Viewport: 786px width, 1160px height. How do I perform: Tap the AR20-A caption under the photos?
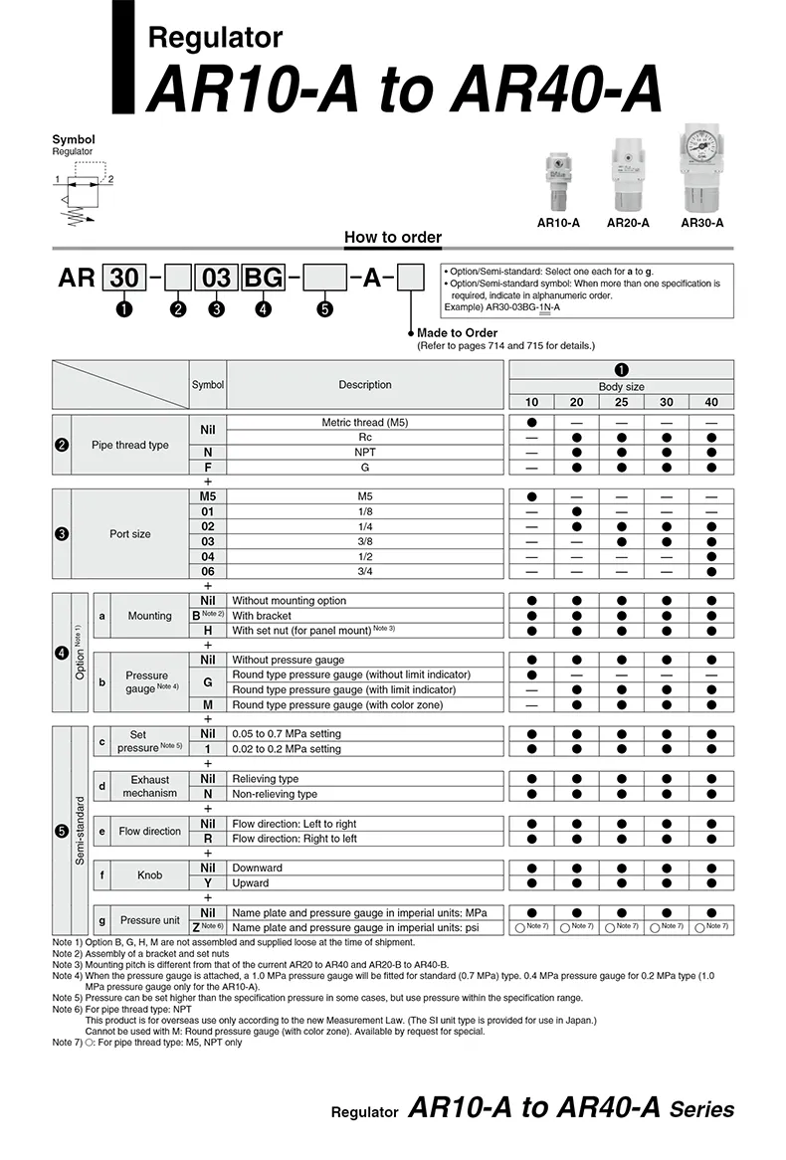point(628,223)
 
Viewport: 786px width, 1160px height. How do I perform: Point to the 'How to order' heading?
point(392,237)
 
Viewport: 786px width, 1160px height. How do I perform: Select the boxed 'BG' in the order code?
point(264,278)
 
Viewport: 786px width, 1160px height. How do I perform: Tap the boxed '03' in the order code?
point(216,278)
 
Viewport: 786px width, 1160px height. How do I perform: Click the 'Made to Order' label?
point(457,332)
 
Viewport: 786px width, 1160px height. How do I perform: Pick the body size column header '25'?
point(621,402)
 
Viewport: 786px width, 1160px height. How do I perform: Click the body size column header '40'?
point(710,402)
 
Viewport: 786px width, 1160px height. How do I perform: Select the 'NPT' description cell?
point(365,452)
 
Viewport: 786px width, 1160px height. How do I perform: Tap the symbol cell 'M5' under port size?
point(208,495)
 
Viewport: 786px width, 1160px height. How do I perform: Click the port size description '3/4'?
point(365,571)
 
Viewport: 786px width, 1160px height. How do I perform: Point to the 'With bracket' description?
point(262,616)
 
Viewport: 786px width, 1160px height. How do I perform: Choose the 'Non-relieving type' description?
point(276,794)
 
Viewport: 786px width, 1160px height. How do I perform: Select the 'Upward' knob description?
point(251,882)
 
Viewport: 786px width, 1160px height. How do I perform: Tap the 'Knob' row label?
point(149,875)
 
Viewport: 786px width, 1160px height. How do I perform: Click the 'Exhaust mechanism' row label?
point(149,786)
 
